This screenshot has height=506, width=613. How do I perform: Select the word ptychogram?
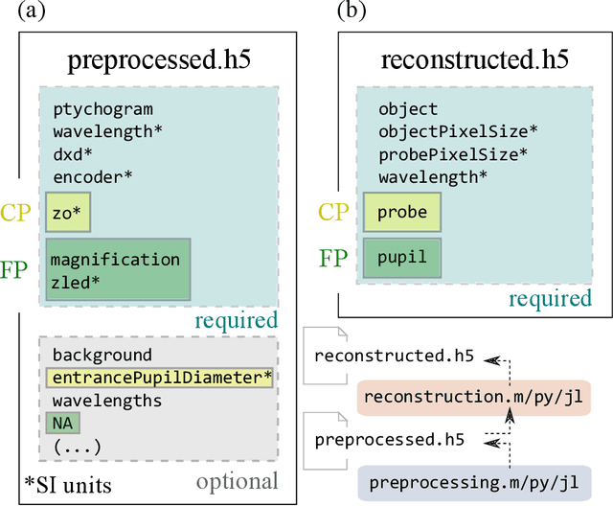[102, 109]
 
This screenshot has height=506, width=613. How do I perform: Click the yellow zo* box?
[67, 212]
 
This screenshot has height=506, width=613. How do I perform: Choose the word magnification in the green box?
[114, 260]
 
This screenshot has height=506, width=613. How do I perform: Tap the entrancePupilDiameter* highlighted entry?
[162, 378]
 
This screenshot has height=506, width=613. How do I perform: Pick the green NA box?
[62, 422]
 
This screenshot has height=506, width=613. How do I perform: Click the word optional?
[236, 480]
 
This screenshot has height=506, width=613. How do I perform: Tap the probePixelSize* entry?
[453, 153]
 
